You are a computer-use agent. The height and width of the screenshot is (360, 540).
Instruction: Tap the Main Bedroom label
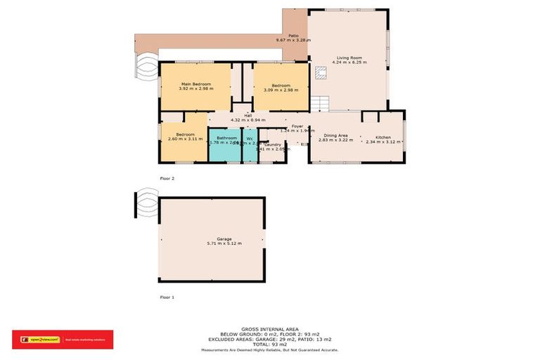[x=195, y=84]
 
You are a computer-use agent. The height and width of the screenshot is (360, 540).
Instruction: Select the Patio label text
[x=293, y=36]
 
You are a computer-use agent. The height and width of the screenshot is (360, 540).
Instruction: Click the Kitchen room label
[x=382, y=136]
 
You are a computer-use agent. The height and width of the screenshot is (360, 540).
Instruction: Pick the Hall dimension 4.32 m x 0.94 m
[x=248, y=121]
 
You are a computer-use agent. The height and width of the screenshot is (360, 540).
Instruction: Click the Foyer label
[x=297, y=126]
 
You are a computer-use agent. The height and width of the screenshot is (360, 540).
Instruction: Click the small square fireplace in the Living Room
[x=321, y=71]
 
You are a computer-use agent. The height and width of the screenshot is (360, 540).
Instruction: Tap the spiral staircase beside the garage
[x=148, y=203]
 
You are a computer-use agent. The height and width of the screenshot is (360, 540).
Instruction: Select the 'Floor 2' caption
[x=167, y=179]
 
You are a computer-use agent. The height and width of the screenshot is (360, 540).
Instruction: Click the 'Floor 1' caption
[x=167, y=297]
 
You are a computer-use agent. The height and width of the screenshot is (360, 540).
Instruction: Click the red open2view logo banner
[x=63, y=340]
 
